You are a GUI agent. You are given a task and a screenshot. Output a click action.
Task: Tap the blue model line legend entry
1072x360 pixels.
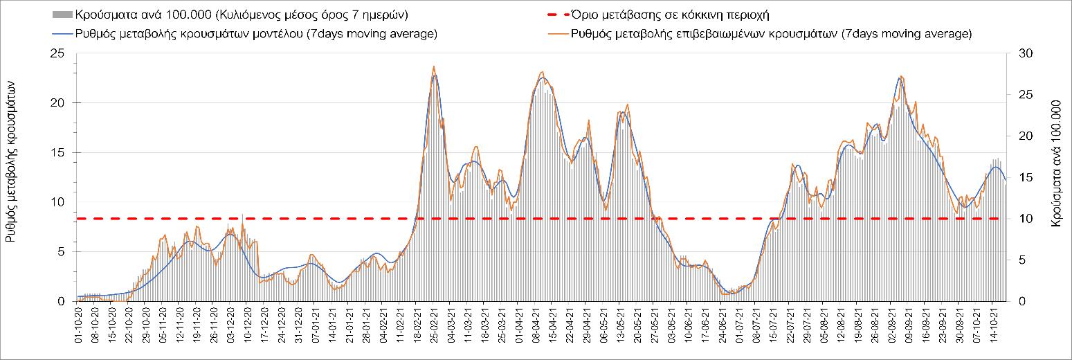tap(242, 34)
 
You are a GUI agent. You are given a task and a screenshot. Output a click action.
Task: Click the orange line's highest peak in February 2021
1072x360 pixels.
tap(434, 66)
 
